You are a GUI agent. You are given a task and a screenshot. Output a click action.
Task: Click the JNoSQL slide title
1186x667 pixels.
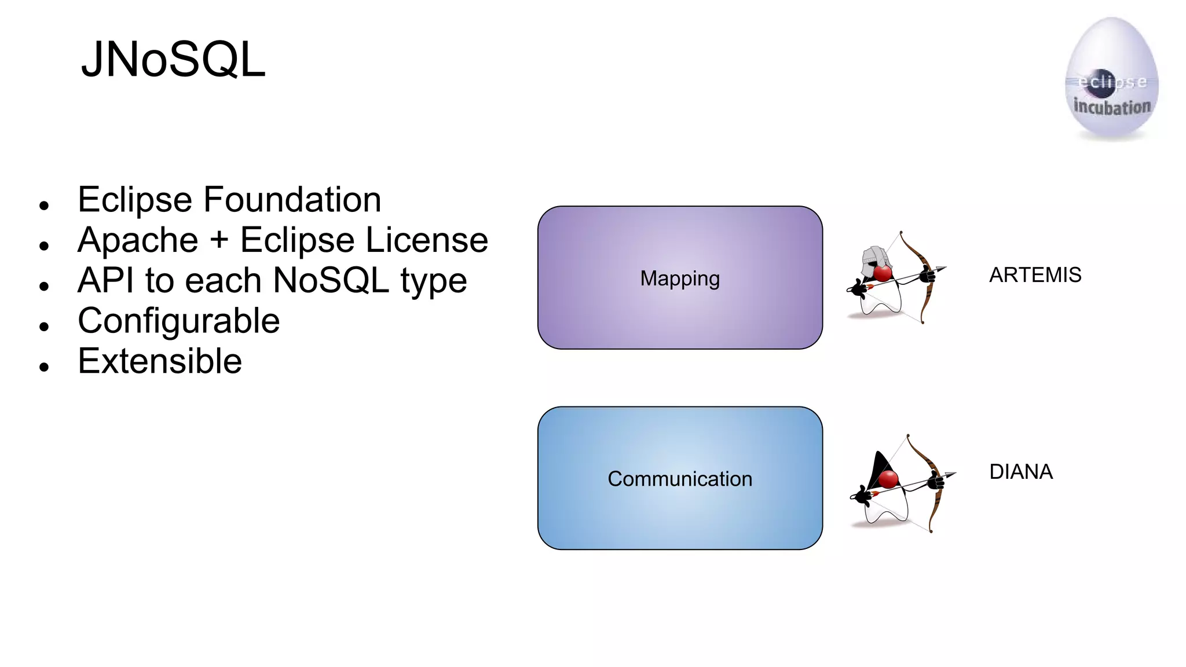click(x=173, y=59)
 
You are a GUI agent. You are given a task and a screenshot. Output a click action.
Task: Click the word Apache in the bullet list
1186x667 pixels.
click(x=138, y=240)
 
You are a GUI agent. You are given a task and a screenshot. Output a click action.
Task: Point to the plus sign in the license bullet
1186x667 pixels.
click(x=219, y=239)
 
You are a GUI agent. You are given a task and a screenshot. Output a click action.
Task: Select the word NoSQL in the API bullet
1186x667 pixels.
click(x=331, y=281)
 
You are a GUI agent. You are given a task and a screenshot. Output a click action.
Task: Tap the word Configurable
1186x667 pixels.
click(x=178, y=321)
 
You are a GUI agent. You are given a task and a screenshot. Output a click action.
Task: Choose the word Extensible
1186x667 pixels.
click(x=160, y=361)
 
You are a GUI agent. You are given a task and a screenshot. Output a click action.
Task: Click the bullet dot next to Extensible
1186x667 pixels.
click(x=44, y=367)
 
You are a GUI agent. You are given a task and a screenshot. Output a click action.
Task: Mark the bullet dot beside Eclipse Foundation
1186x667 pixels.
click(x=44, y=205)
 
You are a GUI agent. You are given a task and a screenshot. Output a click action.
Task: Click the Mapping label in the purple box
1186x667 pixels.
click(x=680, y=278)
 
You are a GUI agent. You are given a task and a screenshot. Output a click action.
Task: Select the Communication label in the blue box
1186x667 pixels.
click(x=680, y=479)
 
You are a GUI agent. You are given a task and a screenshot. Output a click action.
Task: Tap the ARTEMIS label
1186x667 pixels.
click(x=1035, y=275)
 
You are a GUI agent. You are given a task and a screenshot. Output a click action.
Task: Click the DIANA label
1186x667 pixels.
click(x=1020, y=472)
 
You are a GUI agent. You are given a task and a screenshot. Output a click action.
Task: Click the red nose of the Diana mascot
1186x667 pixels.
click(x=888, y=479)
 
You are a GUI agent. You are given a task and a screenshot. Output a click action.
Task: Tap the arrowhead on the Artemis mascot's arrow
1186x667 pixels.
click(x=941, y=269)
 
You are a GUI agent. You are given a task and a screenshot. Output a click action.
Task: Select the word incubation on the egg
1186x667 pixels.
click(x=1112, y=107)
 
